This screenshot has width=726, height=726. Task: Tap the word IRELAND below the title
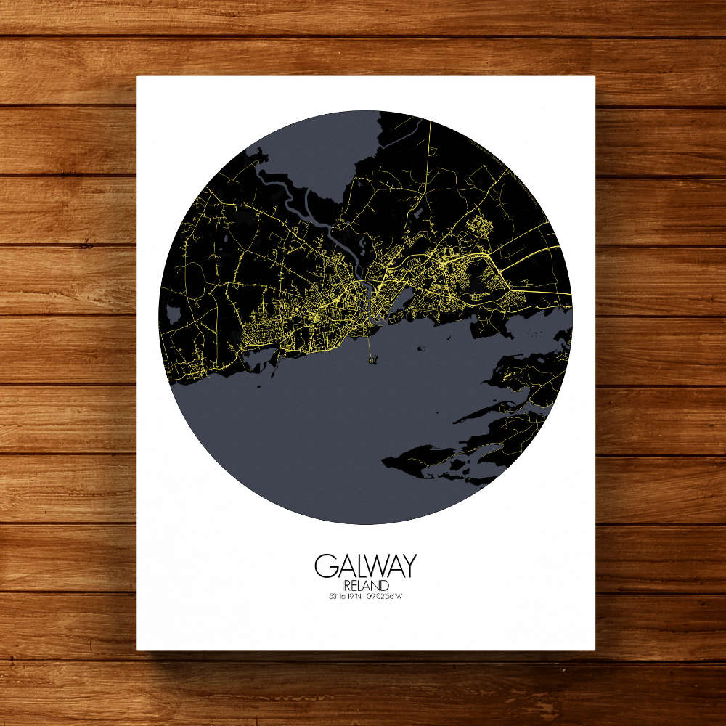coord(365,585)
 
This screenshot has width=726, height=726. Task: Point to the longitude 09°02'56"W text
coord(385,597)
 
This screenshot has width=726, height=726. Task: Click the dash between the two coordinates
coord(364,597)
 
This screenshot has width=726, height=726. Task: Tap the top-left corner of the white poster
coord(137,76)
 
